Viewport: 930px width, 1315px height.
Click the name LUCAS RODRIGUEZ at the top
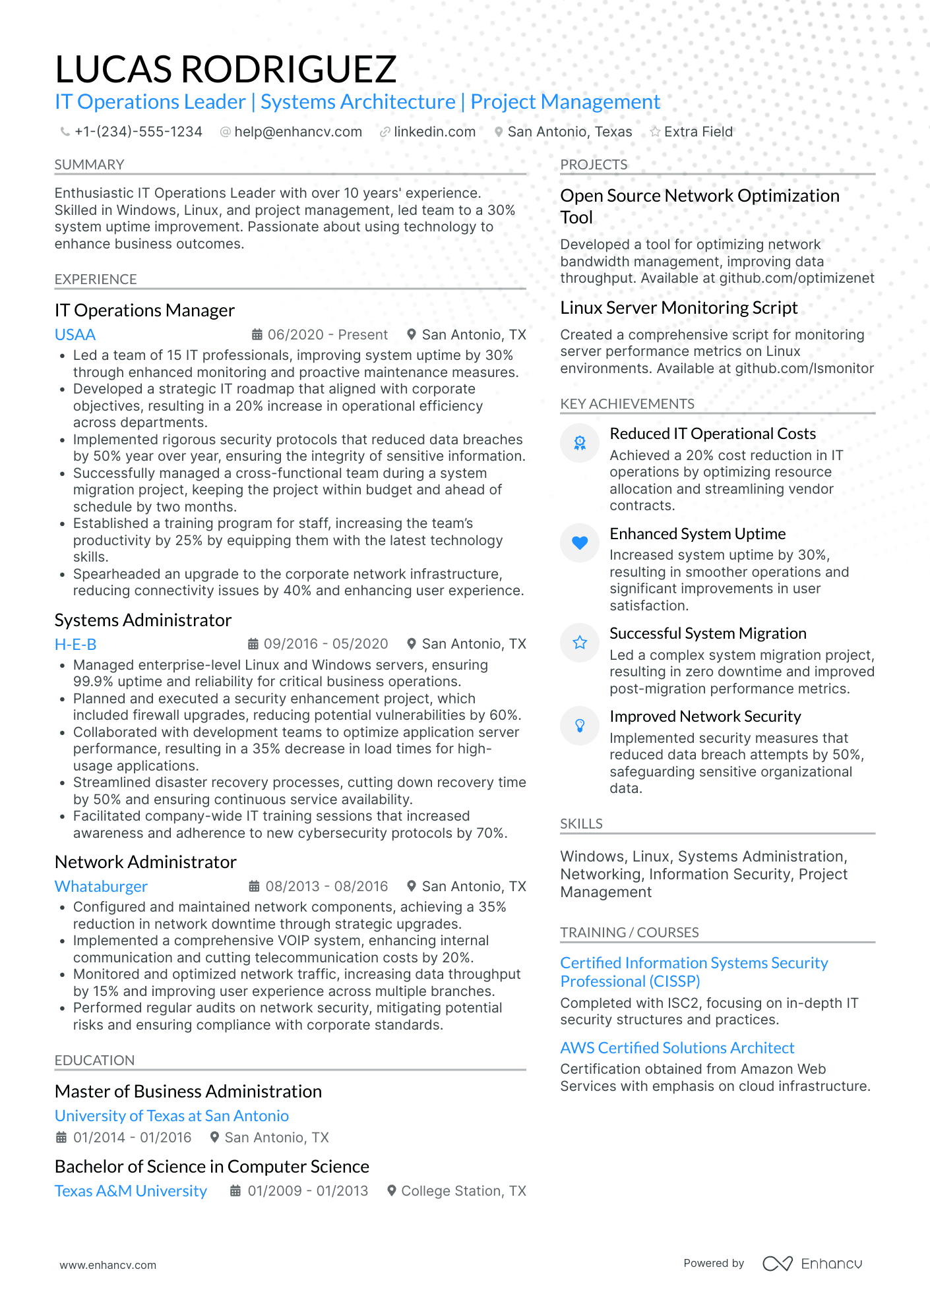[x=226, y=69]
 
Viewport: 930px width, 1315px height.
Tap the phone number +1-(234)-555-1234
[x=138, y=132]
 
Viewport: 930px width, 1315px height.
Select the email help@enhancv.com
[x=297, y=132]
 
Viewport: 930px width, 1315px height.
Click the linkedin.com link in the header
[x=434, y=132]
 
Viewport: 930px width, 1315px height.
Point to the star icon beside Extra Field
[x=655, y=132]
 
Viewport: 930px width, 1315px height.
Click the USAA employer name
[x=75, y=335]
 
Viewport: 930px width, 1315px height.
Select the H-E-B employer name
[x=75, y=644]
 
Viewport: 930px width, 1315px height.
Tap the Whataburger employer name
[x=101, y=887]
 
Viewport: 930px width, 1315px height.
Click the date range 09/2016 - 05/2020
[x=325, y=644]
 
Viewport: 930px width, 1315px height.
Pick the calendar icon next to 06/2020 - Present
[x=258, y=335]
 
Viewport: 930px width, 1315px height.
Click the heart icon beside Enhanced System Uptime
[x=579, y=543]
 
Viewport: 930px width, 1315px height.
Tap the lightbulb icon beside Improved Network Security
[x=579, y=726]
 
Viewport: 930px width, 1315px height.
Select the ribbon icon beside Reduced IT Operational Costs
[x=579, y=443]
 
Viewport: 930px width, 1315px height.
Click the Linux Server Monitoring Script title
[x=679, y=308]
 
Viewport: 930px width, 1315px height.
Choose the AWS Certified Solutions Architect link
[x=677, y=1048]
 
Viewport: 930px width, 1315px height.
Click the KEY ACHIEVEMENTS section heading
[x=627, y=404]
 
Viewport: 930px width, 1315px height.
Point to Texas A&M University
[x=131, y=1191]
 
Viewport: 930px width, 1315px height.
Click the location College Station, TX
[x=463, y=1191]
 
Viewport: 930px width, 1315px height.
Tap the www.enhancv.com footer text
[x=108, y=1265]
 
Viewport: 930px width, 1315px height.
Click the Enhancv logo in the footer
[x=812, y=1264]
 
